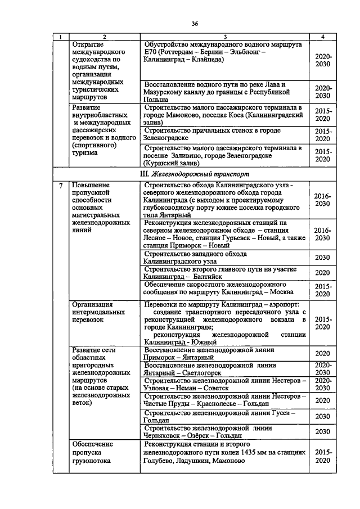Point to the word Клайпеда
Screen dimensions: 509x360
pos(207,58)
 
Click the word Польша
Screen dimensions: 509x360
pos(157,97)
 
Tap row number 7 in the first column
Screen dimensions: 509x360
pos(60,184)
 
